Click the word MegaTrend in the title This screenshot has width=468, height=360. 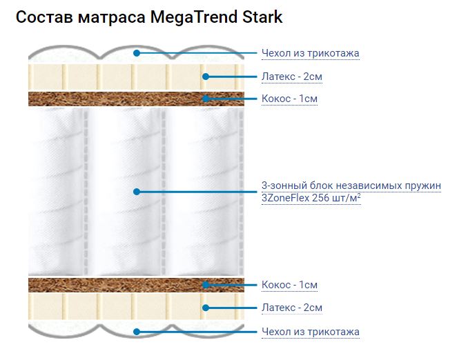(x=194, y=17)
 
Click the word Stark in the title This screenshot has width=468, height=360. (x=262, y=17)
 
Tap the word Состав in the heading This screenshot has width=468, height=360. (x=44, y=17)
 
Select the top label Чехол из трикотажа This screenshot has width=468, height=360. (x=311, y=53)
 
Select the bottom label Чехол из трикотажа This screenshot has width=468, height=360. (x=311, y=332)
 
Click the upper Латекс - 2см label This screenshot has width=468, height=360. (x=292, y=77)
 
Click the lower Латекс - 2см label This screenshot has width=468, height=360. (x=292, y=308)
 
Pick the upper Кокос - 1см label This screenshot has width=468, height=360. (x=289, y=99)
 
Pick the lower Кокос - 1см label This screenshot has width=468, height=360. (x=289, y=285)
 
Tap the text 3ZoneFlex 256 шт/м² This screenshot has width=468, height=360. (x=311, y=198)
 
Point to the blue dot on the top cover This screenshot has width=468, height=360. (x=137, y=53)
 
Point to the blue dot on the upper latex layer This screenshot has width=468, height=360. (x=205, y=77)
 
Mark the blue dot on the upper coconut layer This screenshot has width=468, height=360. (x=205, y=99)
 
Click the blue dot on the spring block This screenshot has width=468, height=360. (x=137, y=192)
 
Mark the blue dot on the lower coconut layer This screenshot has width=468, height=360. (x=205, y=285)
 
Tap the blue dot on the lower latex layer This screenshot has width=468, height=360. (x=205, y=308)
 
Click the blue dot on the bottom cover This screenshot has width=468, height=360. (x=137, y=332)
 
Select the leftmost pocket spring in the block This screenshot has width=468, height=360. (x=56, y=192)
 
